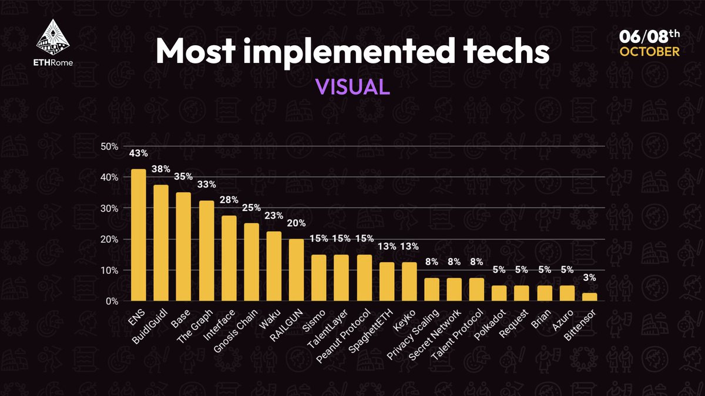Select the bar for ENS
pos(139,235)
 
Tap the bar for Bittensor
pos(590,297)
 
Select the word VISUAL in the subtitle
pos(352,86)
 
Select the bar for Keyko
pos(409,282)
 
